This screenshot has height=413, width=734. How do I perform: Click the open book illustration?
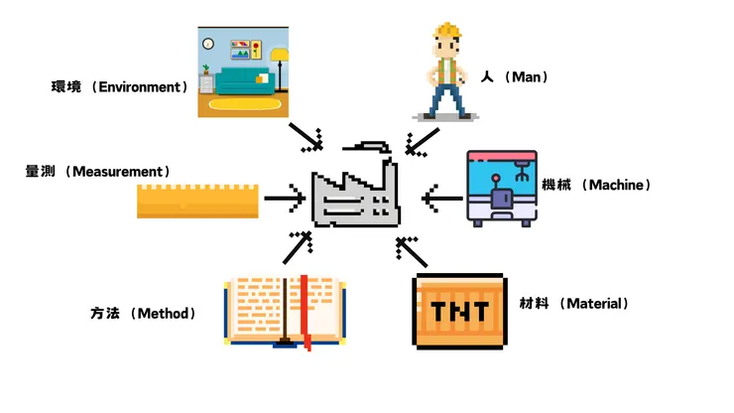(285, 310)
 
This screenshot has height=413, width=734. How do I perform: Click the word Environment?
(143, 86)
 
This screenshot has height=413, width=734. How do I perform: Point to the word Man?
(526, 76)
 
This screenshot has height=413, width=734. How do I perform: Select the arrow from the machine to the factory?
(440, 199)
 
